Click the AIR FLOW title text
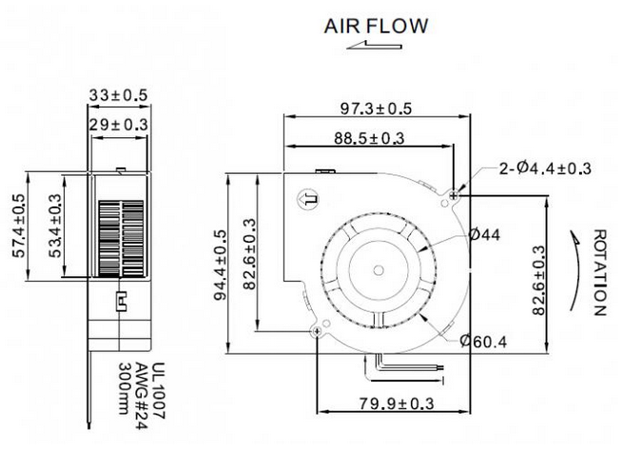[377, 26]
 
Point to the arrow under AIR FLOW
[367, 45]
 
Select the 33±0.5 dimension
[119, 95]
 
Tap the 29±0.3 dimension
[119, 124]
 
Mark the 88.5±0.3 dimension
[367, 138]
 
